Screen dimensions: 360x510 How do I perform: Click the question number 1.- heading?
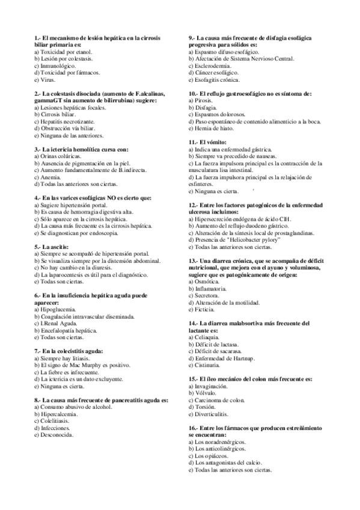(38, 38)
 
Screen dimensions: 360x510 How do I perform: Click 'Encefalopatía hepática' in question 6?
(68, 331)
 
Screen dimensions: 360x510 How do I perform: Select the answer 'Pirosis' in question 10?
(206, 101)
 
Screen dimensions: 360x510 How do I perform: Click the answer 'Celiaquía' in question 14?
(209, 337)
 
